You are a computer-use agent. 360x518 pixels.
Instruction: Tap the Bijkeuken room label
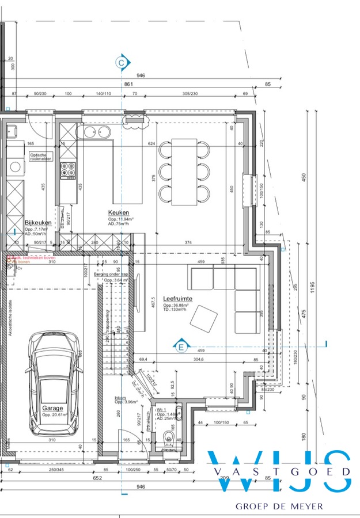point(38,222)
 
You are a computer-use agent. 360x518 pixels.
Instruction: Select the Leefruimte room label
point(177,298)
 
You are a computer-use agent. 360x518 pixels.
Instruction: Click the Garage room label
point(52,407)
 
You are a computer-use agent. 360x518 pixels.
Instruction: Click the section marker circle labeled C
point(122,62)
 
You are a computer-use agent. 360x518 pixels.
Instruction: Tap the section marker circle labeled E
point(181,346)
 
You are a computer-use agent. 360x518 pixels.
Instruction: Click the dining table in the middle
point(183,172)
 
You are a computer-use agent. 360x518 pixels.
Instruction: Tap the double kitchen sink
point(96,132)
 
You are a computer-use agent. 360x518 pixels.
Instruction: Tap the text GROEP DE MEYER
point(279,506)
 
